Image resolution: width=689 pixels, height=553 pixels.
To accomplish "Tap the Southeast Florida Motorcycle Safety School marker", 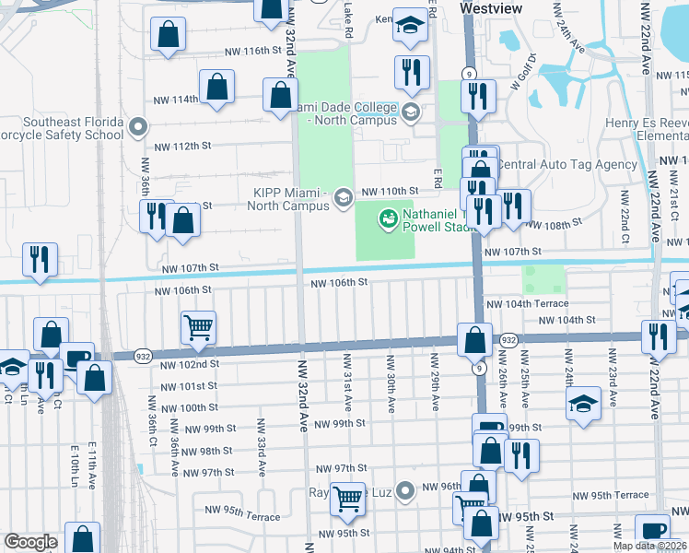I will pyautogui.click(x=138, y=125).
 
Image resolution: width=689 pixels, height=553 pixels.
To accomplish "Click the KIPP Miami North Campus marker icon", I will pyautogui.click(x=343, y=197).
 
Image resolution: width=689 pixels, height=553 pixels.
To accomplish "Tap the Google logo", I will pyautogui.click(x=30, y=542).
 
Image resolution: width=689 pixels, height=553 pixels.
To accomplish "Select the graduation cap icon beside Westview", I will pyautogui.click(x=412, y=25).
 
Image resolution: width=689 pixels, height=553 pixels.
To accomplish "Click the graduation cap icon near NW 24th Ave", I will pyautogui.click(x=582, y=404).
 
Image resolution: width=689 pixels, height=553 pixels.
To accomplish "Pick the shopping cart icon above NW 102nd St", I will pyautogui.click(x=198, y=327).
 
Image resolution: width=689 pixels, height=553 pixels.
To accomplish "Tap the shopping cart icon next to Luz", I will pyautogui.click(x=348, y=499).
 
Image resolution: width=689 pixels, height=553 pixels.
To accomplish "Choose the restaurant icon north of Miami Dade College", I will pyautogui.click(x=412, y=72).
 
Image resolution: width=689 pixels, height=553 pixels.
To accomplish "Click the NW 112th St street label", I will pyautogui.click(x=177, y=147).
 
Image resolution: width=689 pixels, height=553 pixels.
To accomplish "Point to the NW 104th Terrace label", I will pyautogui.click(x=525, y=303).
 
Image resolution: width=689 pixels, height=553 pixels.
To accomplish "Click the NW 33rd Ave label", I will pyautogui.click(x=262, y=447).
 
